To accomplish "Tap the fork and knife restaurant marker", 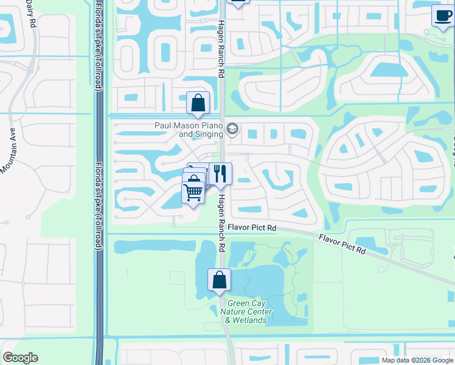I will point(220,173).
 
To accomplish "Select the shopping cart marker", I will point(193,192).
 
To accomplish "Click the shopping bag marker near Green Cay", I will point(220,280).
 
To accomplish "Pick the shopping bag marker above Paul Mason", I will point(198,103).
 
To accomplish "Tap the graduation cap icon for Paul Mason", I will point(232,129).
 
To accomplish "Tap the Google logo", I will point(20,358).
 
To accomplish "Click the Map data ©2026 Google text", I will point(417,360).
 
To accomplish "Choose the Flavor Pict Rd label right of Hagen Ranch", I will point(252,228).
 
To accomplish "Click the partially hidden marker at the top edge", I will point(238,2).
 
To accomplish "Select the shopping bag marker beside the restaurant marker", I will point(195,177).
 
